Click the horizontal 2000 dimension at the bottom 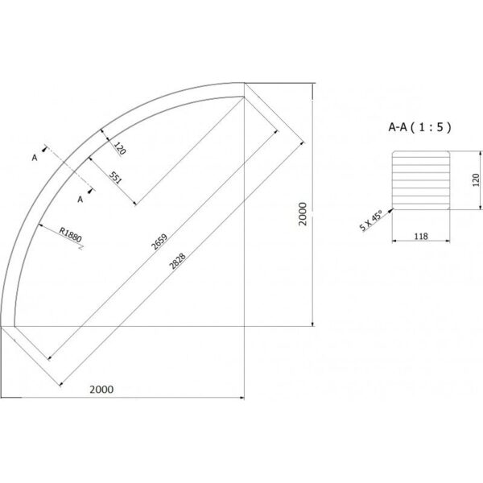click(101, 389)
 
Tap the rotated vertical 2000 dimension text click(302, 213)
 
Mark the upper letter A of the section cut click(34, 159)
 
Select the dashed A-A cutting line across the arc click(65, 170)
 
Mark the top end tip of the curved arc click(244, 89)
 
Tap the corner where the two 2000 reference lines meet click(244, 326)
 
